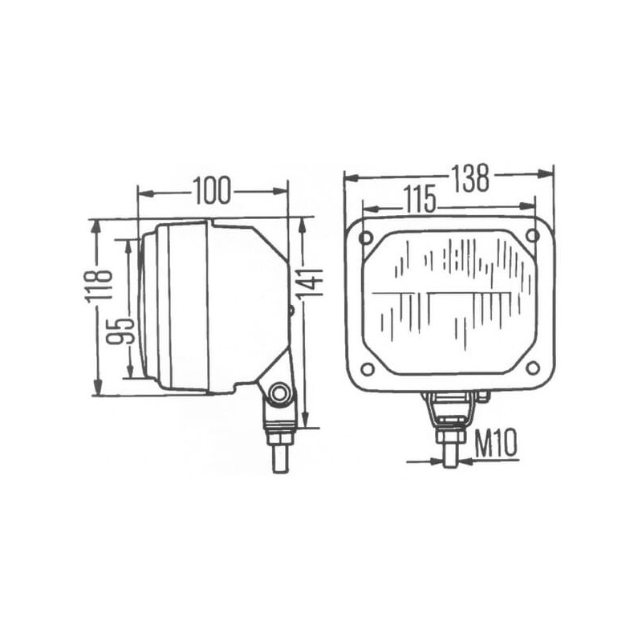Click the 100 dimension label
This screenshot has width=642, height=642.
click(212, 191)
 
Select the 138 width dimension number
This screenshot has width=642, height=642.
click(470, 178)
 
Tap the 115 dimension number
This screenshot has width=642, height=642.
click(419, 199)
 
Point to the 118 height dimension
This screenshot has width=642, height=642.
click(98, 286)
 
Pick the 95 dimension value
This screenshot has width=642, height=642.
click(120, 330)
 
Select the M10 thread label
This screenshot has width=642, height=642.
click(496, 444)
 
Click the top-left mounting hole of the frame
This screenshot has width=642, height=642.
click(366, 237)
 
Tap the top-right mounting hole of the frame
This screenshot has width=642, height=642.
click(532, 235)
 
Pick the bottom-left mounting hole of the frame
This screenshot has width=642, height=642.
click(368, 369)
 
